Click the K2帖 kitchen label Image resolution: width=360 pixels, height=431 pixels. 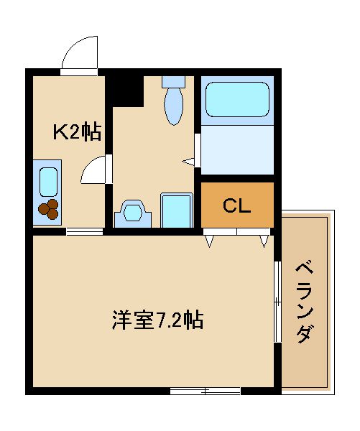click(x=77, y=131)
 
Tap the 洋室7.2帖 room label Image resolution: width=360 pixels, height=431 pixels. click(x=157, y=320)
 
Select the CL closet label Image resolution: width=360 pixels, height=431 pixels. click(x=237, y=206)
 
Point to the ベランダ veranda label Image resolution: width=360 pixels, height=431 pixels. click(x=305, y=303)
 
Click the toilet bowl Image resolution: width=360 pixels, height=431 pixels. click(x=173, y=106)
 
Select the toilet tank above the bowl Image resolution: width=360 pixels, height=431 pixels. click(x=173, y=82)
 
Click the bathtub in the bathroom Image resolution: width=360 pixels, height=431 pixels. click(x=237, y=100)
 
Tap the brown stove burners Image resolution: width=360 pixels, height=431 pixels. click(x=49, y=209)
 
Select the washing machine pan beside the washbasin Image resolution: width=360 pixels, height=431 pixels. click(x=177, y=210)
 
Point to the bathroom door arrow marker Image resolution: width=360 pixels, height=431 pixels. click(x=188, y=162)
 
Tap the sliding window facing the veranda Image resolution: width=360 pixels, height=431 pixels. click(x=278, y=302)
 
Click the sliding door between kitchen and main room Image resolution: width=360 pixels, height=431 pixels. click(x=84, y=231)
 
